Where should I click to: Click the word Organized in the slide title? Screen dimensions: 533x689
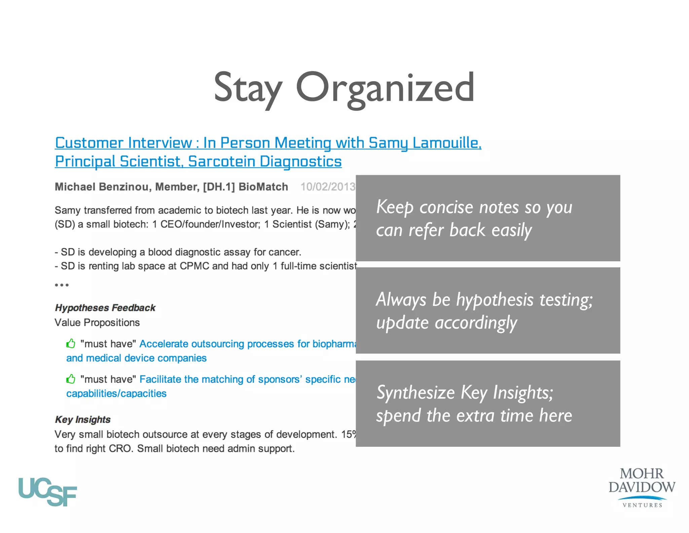point(385,88)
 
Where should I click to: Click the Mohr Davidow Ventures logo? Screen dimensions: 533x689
point(642,487)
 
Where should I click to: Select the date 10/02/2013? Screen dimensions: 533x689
point(328,187)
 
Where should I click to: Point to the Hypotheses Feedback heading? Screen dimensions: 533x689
point(105,308)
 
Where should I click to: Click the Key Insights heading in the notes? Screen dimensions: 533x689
point(83,419)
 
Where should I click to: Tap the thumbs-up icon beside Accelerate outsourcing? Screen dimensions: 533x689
point(71,344)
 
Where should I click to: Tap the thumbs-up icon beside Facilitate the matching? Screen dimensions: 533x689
point(71,379)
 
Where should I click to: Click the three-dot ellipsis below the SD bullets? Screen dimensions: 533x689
point(62,285)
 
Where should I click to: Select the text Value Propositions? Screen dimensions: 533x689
point(97,322)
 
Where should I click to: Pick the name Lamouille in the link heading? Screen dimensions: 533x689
point(447,143)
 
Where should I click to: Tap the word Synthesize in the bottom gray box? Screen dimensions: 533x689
point(415,393)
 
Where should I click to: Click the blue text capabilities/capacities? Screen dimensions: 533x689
point(116,394)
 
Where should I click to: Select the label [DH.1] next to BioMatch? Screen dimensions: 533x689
point(219,187)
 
